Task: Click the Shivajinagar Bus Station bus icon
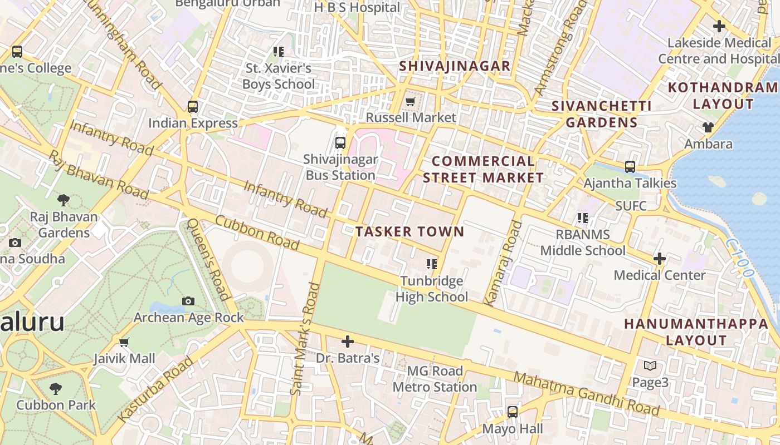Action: click(x=340, y=143)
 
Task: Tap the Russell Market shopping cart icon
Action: click(x=411, y=101)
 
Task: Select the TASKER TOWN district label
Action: click(x=409, y=231)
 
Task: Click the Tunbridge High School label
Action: click(x=432, y=289)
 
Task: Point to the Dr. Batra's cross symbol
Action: click(x=348, y=341)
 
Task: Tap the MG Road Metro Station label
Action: click(x=435, y=379)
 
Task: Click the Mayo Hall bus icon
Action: click(x=512, y=412)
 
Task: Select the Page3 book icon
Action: click(x=650, y=366)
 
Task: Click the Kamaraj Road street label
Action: click(x=503, y=263)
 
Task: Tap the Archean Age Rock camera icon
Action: click(x=188, y=301)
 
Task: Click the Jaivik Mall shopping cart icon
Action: click(x=124, y=342)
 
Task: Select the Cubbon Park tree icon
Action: click(x=55, y=388)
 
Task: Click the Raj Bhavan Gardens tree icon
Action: click(x=64, y=200)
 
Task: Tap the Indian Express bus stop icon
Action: click(x=193, y=106)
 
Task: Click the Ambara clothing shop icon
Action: click(x=708, y=127)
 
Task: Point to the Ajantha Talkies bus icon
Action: click(x=630, y=166)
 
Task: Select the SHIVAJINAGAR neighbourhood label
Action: click(x=455, y=66)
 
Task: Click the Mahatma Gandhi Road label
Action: click(x=586, y=394)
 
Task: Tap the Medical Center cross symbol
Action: click(x=660, y=259)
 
